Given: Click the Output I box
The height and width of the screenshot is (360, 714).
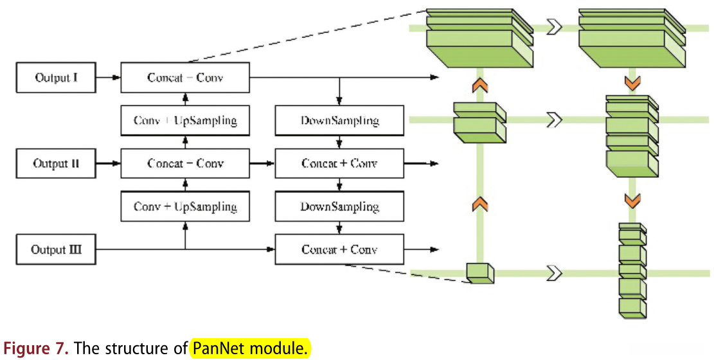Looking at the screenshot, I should (57, 78).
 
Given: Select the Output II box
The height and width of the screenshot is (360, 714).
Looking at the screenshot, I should (57, 163).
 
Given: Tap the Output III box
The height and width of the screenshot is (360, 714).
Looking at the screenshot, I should (57, 249).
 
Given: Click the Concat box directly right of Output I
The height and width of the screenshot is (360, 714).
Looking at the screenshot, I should (185, 78).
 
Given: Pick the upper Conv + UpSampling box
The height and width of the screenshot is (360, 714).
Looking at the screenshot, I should (185, 121).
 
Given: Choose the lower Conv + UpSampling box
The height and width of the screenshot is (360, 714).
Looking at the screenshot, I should (185, 207).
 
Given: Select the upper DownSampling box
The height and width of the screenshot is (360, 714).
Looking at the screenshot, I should (339, 121).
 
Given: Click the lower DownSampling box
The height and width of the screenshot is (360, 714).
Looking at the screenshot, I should (339, 207).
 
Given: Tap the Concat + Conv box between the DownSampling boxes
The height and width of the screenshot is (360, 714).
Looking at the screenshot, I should (339, 163).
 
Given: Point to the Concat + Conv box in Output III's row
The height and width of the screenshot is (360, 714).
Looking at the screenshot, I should (339, 249).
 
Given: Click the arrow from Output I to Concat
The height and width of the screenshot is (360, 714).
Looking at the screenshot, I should (109, 78).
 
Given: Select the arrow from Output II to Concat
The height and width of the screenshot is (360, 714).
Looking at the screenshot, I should (109, 163).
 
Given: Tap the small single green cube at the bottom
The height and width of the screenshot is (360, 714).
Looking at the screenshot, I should (480, 273).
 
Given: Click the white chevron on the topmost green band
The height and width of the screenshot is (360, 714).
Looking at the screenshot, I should (555, 27).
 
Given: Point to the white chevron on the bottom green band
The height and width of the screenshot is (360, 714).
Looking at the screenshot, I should (555, 273).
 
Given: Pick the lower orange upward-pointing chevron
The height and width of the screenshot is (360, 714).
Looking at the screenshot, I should (480, 205).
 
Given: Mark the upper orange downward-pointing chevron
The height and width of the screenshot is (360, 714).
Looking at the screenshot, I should (632, 83).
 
